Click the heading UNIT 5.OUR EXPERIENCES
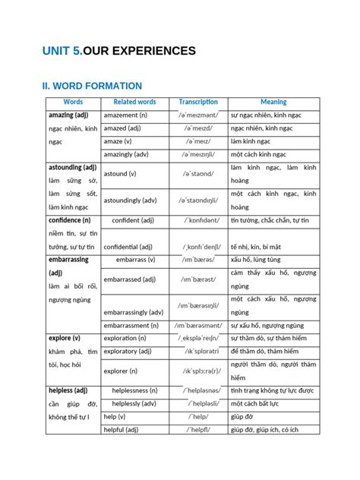(119, 51)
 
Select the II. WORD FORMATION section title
(92, 87)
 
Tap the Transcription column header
(198, 102)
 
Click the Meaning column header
(273, 102)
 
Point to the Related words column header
(134, 102)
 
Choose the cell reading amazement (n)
(126, 115)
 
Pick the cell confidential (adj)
(128, 246)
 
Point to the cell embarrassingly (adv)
(134, 312)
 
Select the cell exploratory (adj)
(131, 352)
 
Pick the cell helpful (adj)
(121, 429)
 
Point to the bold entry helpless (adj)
(68, 390)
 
